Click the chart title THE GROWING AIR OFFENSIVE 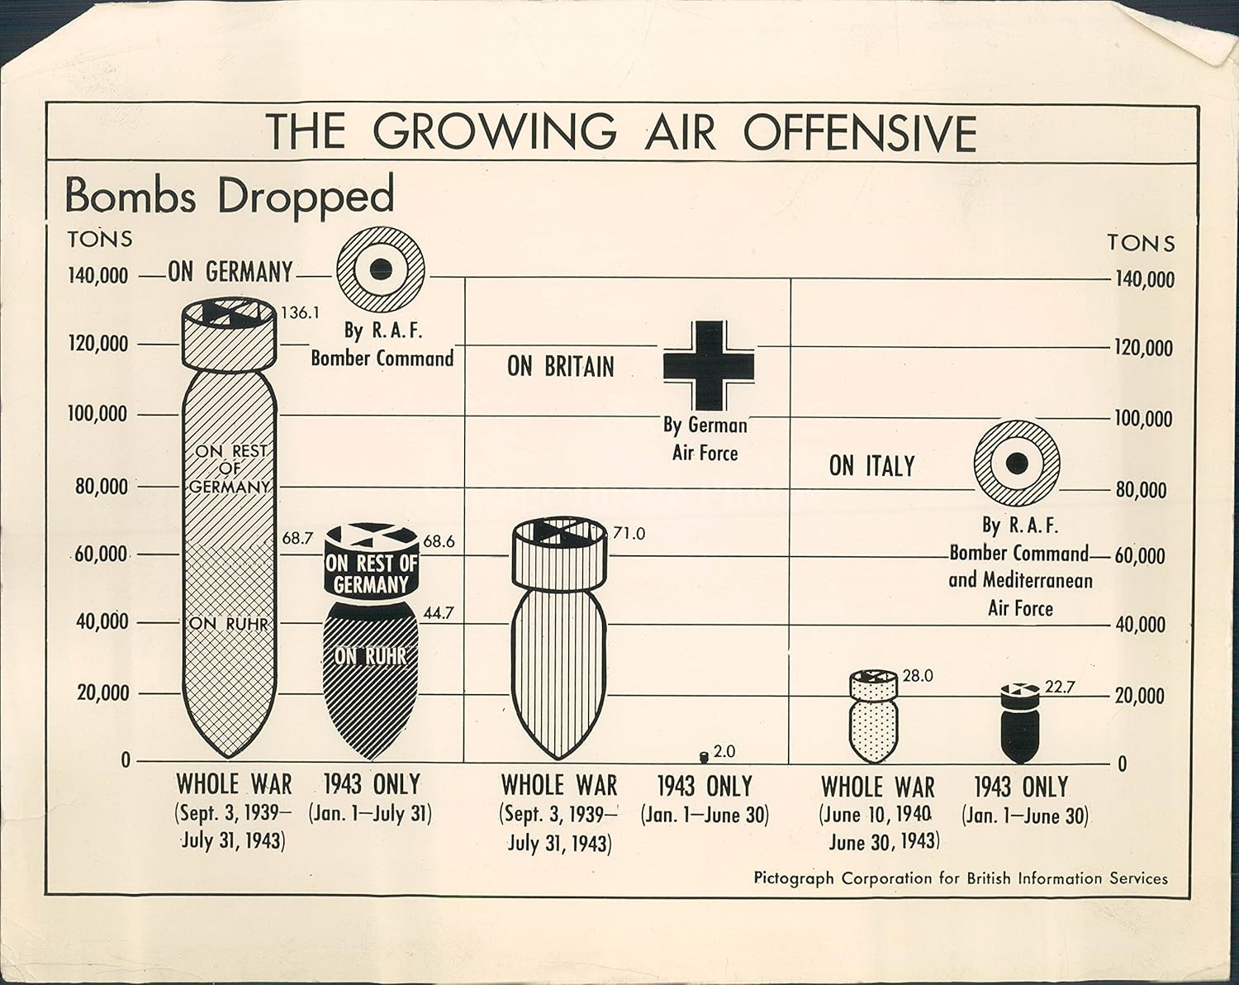(x=622, y=132)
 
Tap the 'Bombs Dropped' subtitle (x=229, y=196)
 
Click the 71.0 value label (x=628, y=533)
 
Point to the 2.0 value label (x=724, y=751)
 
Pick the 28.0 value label (x=918, y=676)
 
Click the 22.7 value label (x=1060, y=687)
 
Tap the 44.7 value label (x=439, y=613)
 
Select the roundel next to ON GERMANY (x=381, y=269)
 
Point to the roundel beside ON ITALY (x=1017, y=463)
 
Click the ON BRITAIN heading (x=561, y=367)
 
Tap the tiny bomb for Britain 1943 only (x=704, y=757)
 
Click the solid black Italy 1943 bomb (x=1020, y=724)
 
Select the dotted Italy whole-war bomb (x=874, y=716)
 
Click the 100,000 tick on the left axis (x=97, y=414)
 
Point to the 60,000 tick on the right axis (x=1141, y=556)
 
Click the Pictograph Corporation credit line (x=961, y=878)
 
